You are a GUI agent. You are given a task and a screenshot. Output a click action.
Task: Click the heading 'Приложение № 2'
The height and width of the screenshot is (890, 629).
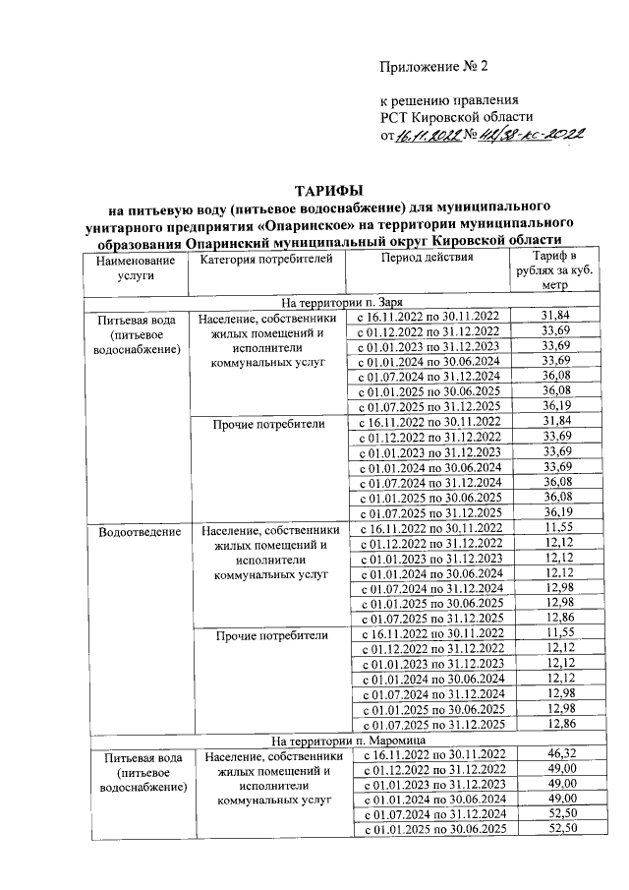[433, 67]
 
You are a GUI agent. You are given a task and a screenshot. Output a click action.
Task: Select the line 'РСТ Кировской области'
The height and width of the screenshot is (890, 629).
[449, 118]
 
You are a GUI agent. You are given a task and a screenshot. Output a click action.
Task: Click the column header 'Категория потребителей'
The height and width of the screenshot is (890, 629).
[265, 259]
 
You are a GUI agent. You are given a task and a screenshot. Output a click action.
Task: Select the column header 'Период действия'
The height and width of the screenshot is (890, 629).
[427, 259]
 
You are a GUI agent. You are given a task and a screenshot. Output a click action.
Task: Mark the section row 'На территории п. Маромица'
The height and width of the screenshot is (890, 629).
[341, 739]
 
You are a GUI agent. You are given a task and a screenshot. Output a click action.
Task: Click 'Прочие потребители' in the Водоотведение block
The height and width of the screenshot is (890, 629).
[270, 635]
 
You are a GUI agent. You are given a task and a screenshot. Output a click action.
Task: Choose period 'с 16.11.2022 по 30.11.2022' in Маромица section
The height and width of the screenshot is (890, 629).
[428, 753]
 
